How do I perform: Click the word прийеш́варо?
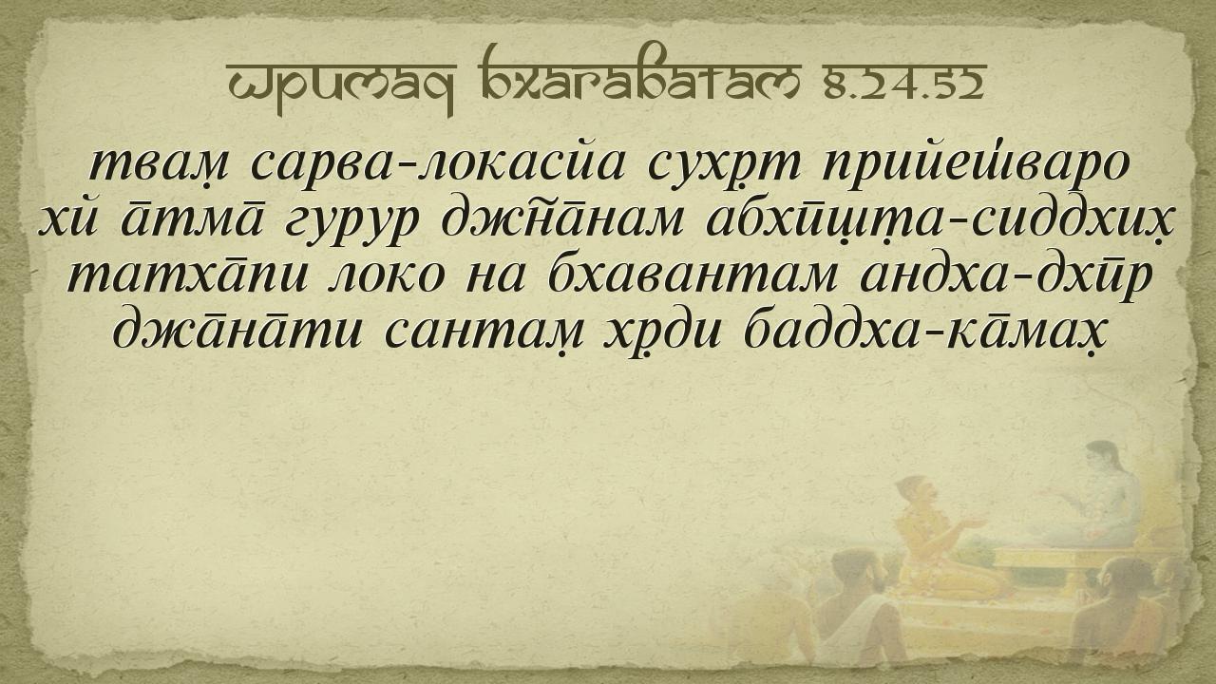click(x=975, y=165)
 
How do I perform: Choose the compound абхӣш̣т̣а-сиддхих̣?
click(x=940, y=222)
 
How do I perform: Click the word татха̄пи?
click(x=187, y=274)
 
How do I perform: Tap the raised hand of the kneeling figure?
click(x=972, y=523)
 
